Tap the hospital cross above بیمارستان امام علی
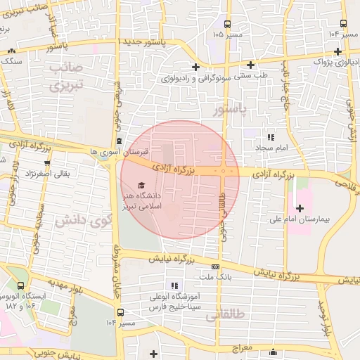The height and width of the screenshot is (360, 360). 300,208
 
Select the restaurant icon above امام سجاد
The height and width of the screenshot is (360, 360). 269,138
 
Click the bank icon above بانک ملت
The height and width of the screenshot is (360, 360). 214,267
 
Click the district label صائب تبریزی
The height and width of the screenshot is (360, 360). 67,77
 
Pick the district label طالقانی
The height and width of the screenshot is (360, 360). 225,318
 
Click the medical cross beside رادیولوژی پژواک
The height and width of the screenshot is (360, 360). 338,51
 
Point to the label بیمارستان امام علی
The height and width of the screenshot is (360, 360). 299,220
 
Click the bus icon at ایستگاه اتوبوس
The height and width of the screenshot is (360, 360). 20,286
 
